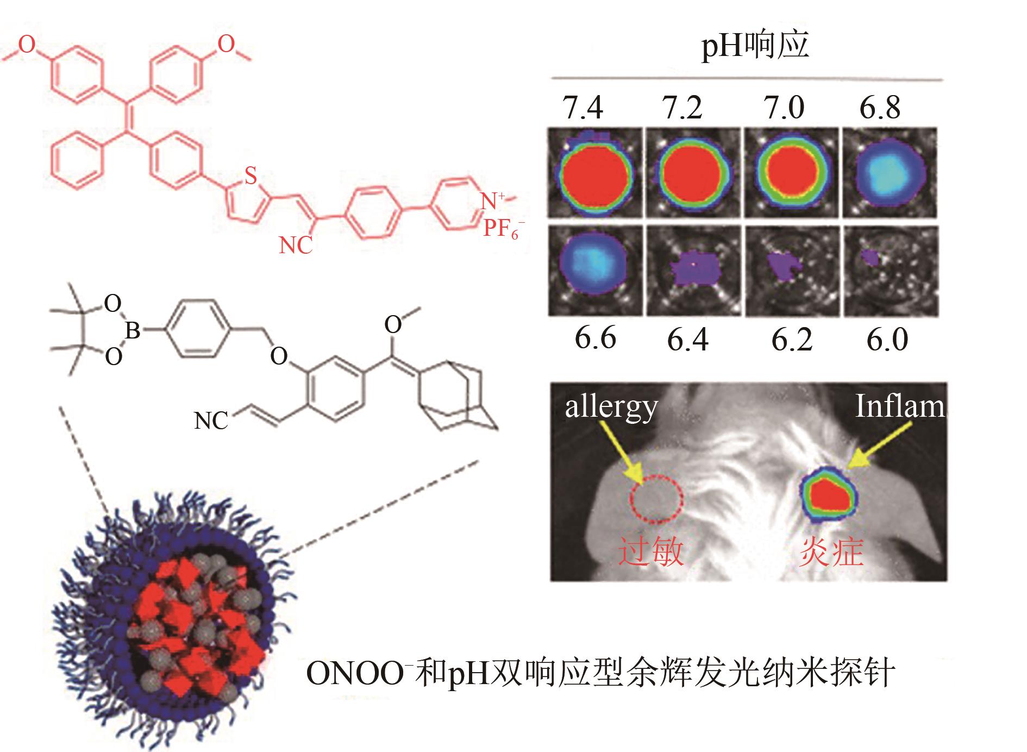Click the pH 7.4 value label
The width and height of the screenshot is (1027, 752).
pos(583,108)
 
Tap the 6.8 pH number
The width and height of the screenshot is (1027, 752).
pos(880,108)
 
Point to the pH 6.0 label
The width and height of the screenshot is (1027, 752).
pos(887,340)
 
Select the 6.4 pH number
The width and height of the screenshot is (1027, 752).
pos(688,340)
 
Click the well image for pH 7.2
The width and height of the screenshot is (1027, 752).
pos(693,173)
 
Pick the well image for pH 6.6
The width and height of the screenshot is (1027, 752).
pos(594,270)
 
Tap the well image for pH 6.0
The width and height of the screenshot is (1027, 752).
pos(890,270)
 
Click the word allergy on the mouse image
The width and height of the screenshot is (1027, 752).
pos(611,408)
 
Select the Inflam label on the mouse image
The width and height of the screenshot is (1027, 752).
pos(899,406)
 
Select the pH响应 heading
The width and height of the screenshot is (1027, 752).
pos(755,46)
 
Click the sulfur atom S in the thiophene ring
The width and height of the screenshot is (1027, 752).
pos(250,176)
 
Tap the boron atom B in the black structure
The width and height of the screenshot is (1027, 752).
pos(133,330)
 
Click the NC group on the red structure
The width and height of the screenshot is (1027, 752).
pos(296,246)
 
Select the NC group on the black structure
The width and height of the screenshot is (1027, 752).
pos(211,421)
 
